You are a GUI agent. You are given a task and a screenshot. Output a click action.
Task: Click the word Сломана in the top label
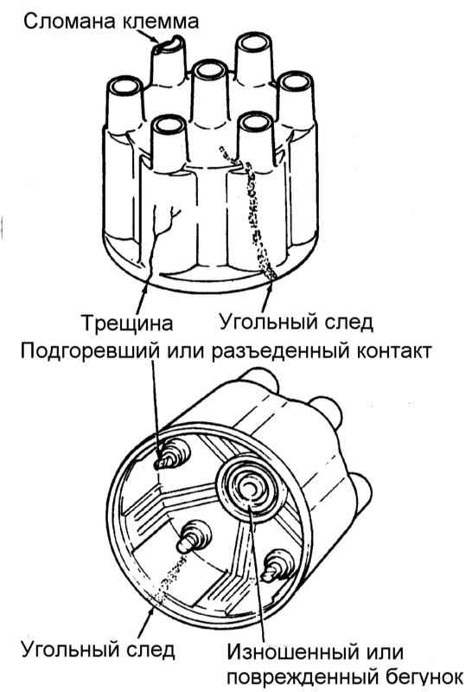coord(70,21)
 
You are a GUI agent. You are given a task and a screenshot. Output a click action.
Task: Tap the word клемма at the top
coord(160,21)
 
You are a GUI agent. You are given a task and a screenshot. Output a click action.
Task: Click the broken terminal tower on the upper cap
coord(167,61)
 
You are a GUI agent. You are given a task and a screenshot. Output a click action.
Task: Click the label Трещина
coord(127,323)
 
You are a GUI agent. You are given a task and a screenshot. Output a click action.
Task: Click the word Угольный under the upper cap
coord(269,322)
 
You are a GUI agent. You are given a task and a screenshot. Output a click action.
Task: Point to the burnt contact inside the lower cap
coord(166,458)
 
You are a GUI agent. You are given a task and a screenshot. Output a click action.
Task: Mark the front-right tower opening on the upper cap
coord(256,122)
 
